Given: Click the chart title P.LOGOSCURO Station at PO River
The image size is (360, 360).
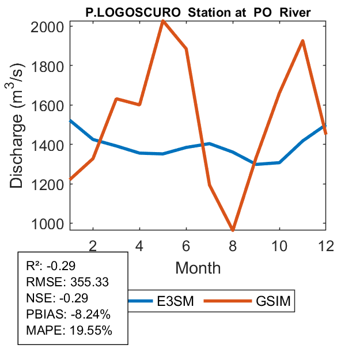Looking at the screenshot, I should [198, 12].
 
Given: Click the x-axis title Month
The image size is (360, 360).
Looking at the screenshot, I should [198, 267].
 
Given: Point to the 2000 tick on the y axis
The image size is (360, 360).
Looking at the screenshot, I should [50, 26].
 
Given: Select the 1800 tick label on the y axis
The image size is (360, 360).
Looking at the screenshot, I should [50, 66].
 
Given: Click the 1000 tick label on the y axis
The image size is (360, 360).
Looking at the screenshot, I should [50, 223].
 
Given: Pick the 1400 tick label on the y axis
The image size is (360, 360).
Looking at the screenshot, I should [50, 145].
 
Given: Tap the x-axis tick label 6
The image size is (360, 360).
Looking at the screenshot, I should [186, 245].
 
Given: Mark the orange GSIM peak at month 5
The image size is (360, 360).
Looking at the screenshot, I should [163, 21].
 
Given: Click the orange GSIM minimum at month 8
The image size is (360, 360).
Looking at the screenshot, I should [233, 230].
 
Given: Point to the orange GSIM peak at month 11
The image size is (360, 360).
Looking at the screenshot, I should [302, 41].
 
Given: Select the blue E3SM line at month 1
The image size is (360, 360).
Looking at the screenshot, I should [70, 121].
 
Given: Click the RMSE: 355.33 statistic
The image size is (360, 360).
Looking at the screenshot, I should [68, 282].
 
